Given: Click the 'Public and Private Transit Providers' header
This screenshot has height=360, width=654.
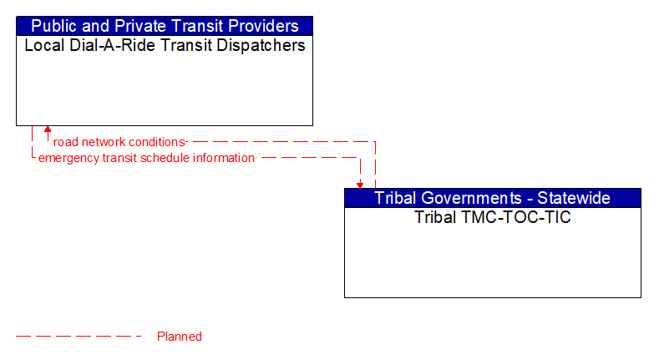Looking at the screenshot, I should point(165,26).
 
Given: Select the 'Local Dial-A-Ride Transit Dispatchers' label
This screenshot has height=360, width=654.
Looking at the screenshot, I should point(165,45).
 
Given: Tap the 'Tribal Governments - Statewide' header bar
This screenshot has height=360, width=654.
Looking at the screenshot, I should point(492,198).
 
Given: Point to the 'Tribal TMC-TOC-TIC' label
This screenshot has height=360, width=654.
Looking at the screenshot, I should point(492,217).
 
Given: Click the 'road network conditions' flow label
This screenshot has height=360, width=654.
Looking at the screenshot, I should point(119,142).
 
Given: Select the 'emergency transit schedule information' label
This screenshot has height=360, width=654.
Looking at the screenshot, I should point(146,157).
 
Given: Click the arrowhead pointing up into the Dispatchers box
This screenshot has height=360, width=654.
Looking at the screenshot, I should point(48,130).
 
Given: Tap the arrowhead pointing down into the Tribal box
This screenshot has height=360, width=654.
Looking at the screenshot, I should point(360,184).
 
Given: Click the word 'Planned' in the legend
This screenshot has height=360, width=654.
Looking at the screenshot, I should point(180,337).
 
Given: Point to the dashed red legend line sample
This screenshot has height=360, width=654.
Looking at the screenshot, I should point(79,337).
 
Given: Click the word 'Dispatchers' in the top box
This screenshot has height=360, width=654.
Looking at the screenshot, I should point(261,45).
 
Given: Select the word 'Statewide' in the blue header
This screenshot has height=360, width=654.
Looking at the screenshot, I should point(576,198).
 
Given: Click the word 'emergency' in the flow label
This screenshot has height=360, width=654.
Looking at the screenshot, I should point(68,157).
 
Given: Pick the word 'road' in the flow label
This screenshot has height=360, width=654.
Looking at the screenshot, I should point(65,142).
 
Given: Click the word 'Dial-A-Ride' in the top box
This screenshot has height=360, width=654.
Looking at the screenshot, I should point(104,45).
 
